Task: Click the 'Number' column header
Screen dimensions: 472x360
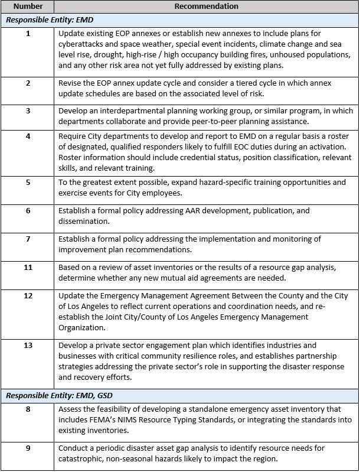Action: tap(28, 6)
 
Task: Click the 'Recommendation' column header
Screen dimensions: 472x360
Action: tap(207, 6)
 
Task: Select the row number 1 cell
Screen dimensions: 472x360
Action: tap(28, 33)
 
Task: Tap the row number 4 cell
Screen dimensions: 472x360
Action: tap(28, 136)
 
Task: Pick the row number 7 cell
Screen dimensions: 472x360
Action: tap(28, 239)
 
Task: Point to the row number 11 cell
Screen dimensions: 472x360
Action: tap(28, 267)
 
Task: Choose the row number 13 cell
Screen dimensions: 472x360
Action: tap(28, 345)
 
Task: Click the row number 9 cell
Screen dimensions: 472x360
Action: tap(28, 448)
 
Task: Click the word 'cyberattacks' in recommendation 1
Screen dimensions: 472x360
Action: tap(80, 44)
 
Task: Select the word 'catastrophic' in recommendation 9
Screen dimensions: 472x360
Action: tap(81, 458)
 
